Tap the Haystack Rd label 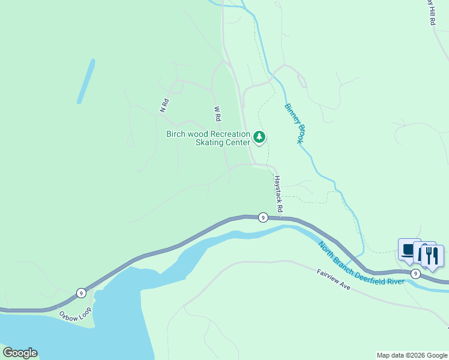(277, 193)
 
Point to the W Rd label (218, 112)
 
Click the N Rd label (163, 106)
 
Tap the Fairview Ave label (333, 280)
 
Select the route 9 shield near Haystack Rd (263, 217)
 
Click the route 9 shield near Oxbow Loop (81, 293)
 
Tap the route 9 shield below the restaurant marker (415, 274)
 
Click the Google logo (20, 353)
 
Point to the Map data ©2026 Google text (411, 355)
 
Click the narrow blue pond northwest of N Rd (86, 81)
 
